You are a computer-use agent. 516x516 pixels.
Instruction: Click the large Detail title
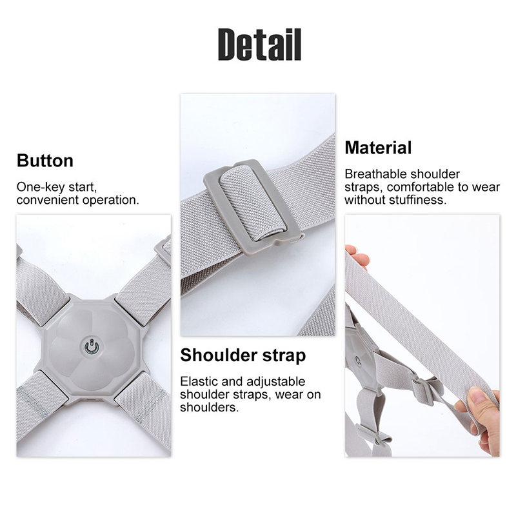259,45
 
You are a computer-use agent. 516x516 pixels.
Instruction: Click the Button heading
45,161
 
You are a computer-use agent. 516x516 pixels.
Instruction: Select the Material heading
378,148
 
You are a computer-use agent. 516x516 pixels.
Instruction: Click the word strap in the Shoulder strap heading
284,357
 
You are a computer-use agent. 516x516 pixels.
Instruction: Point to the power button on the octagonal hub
91,346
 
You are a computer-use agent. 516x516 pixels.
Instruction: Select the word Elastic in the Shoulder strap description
199,381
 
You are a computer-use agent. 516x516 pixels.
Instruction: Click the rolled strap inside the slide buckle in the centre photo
252,203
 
